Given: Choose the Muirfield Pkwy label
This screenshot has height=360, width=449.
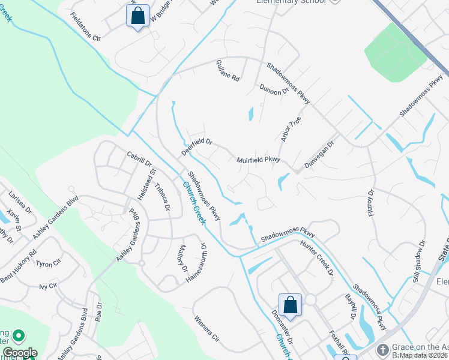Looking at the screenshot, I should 259,160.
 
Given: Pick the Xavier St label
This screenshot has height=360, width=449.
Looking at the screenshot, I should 14,222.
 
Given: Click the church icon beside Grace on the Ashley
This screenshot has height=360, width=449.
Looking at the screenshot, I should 382,349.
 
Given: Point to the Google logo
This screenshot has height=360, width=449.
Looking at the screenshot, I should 19,353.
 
